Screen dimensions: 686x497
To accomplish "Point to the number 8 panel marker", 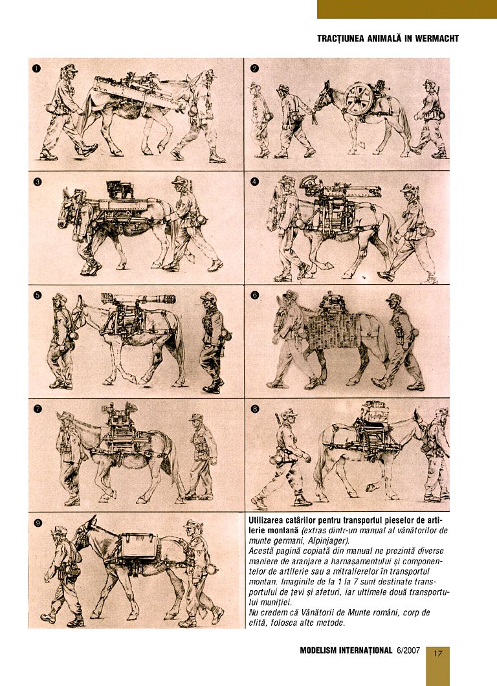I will pos(254,409).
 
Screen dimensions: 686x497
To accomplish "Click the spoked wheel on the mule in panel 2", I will pos(357,100).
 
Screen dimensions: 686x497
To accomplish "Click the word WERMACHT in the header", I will pos(432,39).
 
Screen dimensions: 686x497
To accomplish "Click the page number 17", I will pos(437,652).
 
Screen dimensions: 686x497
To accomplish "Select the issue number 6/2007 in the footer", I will pos(406,650).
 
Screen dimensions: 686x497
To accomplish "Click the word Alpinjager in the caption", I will pos(326,540).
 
